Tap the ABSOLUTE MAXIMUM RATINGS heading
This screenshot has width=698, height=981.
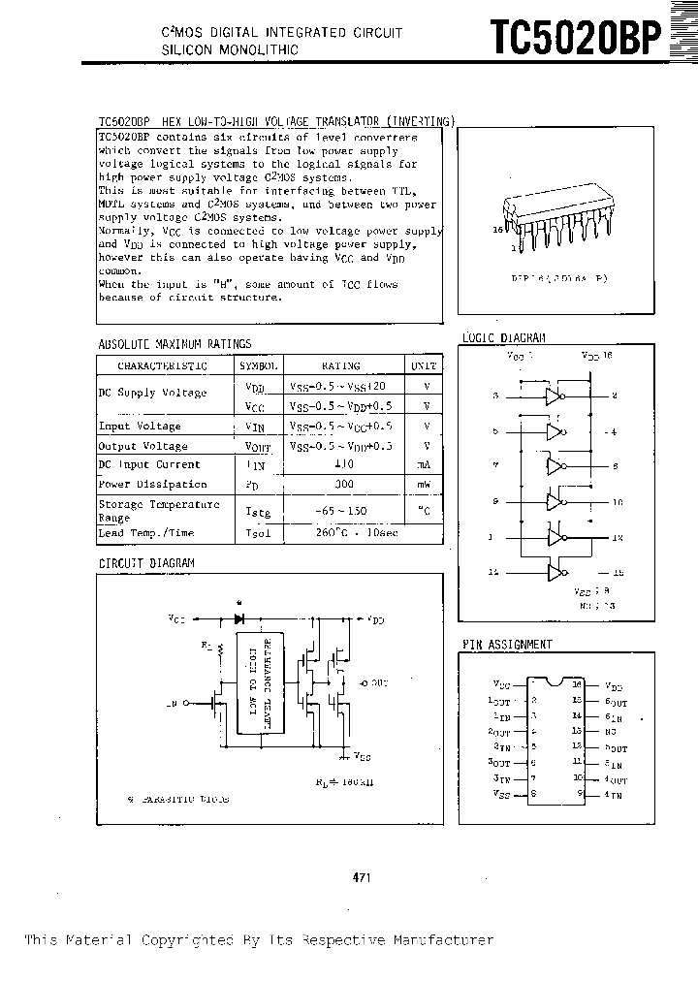coord(174,343)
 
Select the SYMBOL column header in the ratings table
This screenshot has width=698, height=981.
coord(259,366)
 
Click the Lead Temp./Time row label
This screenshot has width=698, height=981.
coord(146,532)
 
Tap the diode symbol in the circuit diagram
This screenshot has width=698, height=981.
coord(239,617)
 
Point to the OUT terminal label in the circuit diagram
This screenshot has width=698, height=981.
coord(375,682)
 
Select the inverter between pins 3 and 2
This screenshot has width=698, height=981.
coord(555,396)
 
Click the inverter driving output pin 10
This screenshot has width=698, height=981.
coord(555,502)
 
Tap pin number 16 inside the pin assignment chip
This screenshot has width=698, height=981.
coord(577,685)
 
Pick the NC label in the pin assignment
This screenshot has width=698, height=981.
coord(612,731)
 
